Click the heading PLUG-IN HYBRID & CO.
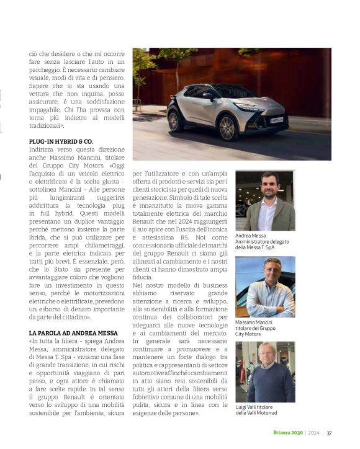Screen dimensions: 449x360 [61, 141]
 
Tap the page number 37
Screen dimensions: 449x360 [330, 433]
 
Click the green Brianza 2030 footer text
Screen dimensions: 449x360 [287, 433]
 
